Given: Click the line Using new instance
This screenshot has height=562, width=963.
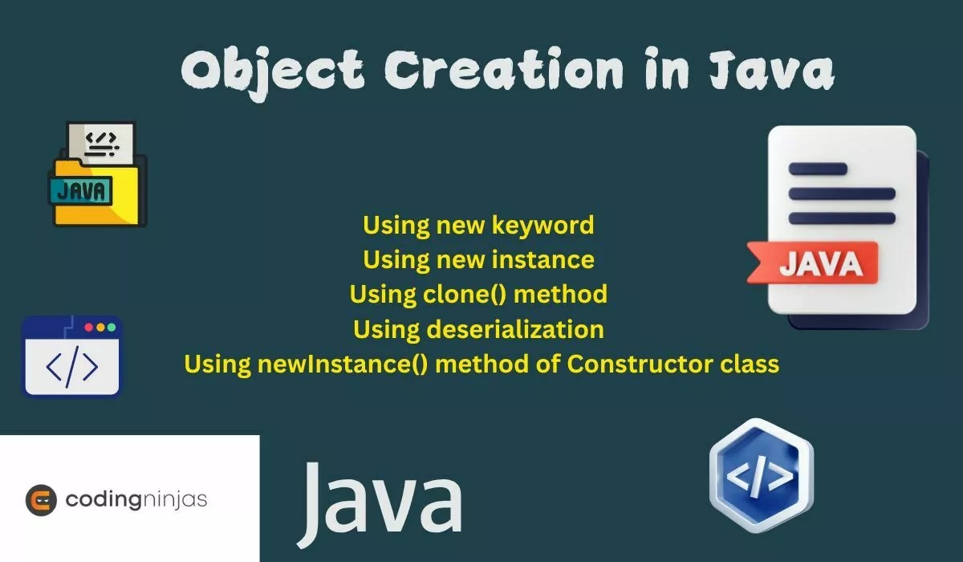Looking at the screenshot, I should [x=478, y=259].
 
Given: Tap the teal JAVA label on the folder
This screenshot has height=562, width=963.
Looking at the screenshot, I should [x=81, y=190].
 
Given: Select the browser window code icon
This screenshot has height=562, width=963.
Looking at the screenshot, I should [x=72, y=356].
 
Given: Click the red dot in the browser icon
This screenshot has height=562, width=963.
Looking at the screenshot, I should [x=87, y=328].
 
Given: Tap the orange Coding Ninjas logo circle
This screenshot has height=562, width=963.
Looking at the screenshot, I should [x=41, y=499].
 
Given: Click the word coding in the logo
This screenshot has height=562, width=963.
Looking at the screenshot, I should [x=103, y=499].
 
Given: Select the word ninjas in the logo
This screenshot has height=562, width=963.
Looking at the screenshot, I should [x=175, y=499].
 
